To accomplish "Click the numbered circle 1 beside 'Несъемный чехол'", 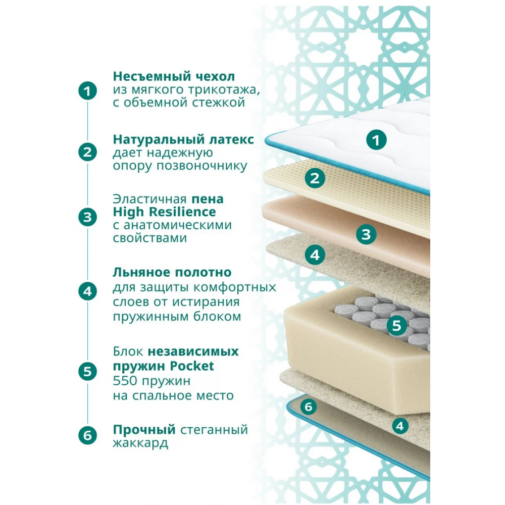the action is click(87, 91).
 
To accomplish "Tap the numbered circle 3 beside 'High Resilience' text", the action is click(87, 217).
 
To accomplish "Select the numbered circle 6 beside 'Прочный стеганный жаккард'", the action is click(87, 435).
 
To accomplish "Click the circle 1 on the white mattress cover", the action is click(376, 140).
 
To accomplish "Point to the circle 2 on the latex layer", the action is click(315, 178).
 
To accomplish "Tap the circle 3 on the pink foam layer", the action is click(366, 234).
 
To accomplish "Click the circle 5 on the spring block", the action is click(397, 325).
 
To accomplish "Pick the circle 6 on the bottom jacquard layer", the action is click(308, 407).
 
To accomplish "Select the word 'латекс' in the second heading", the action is click(232, 139).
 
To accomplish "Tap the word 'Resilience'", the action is click(182, 212).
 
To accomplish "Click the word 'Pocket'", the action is click(192, 366).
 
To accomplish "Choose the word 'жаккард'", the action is click(140, 443).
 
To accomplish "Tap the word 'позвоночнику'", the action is click(202, 166).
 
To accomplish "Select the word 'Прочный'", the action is click(144, 430).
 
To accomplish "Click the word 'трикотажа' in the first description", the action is click(224, 90).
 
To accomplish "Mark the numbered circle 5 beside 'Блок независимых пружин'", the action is click(87, 371).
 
